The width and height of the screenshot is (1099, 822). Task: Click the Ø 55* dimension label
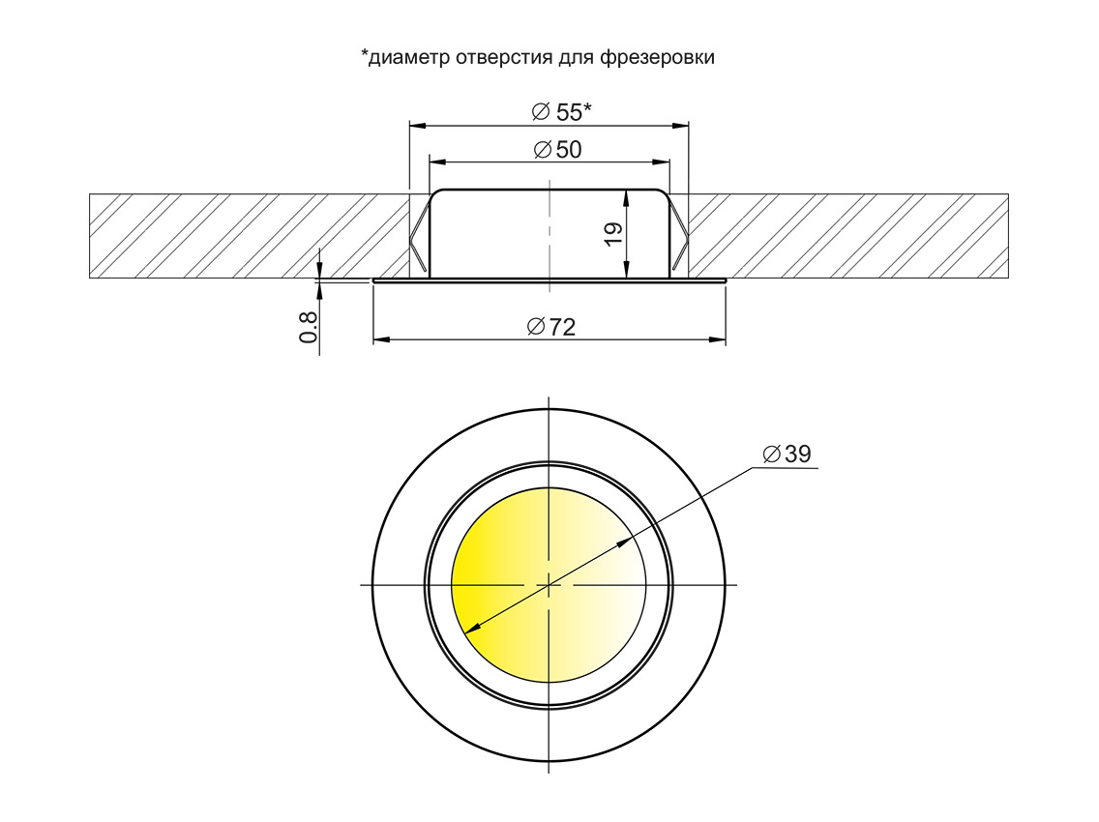(561, 112)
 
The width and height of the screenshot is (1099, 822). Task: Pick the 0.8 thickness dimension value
(308, 328)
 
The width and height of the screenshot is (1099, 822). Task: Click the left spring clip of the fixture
(418, 242)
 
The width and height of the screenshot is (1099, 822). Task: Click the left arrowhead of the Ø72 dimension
(380, 339)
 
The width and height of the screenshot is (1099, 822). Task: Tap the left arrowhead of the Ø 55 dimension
(417, 125)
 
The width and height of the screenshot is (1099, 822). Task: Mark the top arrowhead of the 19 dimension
(628, 196)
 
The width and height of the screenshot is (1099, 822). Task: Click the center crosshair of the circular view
(549, 585)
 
